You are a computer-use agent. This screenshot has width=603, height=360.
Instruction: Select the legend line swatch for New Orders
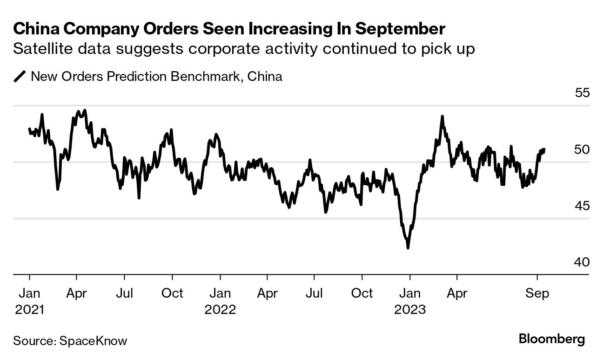pos(20,76)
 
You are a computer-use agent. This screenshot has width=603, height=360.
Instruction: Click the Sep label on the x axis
pos(537,293)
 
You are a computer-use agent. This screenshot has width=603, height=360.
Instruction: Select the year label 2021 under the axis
pos(29,309)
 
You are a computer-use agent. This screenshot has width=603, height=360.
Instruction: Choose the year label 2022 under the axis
pos(220,309)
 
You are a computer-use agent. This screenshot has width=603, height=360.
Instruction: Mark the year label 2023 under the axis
pos(409,309)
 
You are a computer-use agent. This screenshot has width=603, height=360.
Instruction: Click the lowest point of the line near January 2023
pos(408,248)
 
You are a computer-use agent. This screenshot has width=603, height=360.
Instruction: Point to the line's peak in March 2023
pos(442,116)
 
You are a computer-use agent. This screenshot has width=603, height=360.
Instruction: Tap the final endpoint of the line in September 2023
pos(544,149)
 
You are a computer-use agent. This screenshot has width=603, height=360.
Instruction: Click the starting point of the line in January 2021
pos(29,129)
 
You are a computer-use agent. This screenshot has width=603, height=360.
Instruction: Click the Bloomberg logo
pos(552,339)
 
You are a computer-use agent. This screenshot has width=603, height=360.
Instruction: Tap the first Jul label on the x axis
pos(124,293)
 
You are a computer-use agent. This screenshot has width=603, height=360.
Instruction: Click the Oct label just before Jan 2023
pos(362,293)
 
